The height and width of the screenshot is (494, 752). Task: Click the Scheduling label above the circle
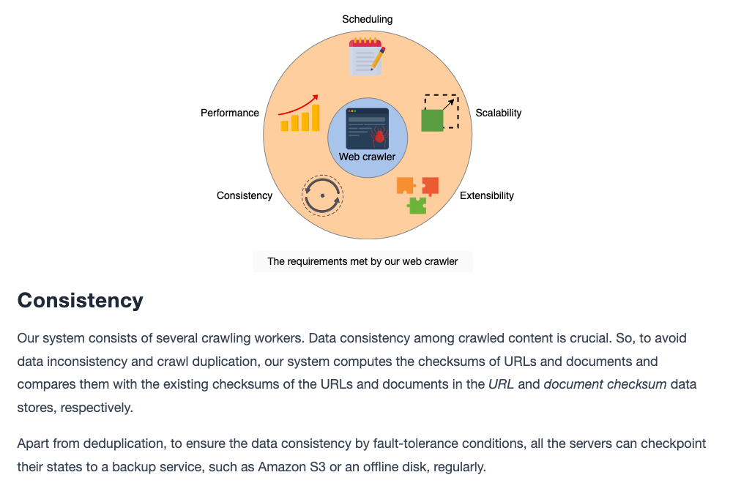tap(367, 19)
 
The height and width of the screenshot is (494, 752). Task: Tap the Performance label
tap(230, 113)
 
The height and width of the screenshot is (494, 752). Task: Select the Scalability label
tap(499, 113)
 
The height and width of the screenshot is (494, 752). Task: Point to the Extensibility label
tap(487, 195)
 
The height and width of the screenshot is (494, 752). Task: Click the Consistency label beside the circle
tap(245, 195)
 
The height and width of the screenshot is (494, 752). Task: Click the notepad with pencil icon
tap(367, 57)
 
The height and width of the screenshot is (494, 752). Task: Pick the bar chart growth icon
tap(299, 113)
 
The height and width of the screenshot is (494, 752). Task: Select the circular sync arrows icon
tap(322, 195)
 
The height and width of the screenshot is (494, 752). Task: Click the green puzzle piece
tap(417, 206)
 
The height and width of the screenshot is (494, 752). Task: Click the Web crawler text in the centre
tap(367, 157)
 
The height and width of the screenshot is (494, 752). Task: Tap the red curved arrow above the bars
tap(298, 105)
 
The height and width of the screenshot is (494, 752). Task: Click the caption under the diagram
tap(362, 261)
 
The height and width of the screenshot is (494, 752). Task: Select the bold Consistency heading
tap(80, 300)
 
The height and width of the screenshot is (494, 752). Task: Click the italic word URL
tap(501, 384)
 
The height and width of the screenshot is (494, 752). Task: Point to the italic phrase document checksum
tap(606, 384)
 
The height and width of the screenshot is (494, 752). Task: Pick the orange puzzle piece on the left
tap(406, 185)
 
